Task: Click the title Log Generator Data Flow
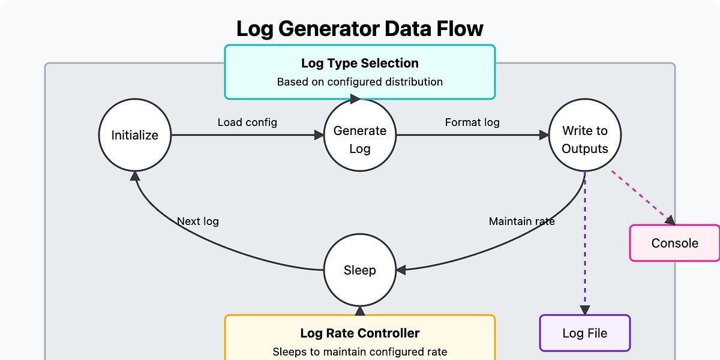(359, 29)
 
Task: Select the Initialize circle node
(135, 136)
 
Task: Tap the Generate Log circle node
(360, 139)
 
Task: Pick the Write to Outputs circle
(584, 139)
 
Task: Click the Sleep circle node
(360, 270)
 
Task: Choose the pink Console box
(674, 243)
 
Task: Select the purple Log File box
(584, 333)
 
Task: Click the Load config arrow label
(247, 122)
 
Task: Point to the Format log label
(472, 122)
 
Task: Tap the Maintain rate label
(521, 221)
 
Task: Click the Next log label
(197, 221)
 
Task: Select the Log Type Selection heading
(359, 63)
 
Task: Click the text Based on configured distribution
(359, 82)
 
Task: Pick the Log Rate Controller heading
(359, 333)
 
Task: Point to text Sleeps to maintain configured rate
(359, 352)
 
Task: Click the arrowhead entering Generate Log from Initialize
(319, 136)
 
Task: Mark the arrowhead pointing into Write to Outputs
(544, 136)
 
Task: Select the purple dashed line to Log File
(585, 240)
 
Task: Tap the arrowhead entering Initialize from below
(136, 176)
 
